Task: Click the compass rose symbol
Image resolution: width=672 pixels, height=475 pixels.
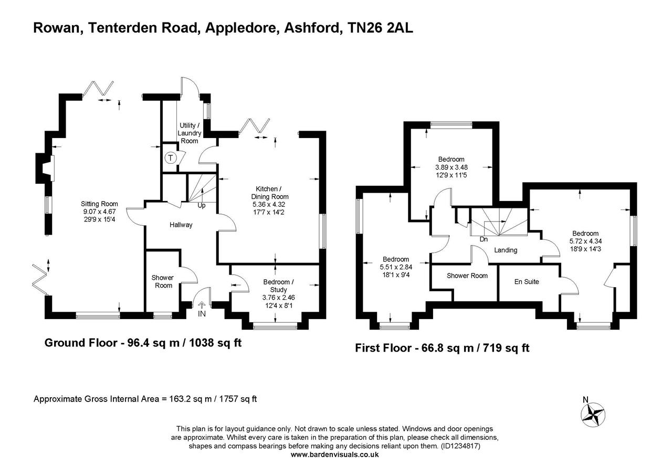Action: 594,413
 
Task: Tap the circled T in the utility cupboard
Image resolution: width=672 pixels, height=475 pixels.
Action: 171,157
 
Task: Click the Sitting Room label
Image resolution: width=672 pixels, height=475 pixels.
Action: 99,204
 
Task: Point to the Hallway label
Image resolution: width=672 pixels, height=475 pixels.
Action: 181,225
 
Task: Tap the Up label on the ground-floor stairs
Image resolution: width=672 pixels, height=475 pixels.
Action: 201,206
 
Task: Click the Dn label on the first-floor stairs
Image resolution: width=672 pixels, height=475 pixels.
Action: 484,239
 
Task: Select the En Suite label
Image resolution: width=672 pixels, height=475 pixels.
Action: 526,282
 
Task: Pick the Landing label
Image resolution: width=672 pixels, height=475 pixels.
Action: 506,250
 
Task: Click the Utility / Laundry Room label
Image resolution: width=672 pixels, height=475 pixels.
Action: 190,133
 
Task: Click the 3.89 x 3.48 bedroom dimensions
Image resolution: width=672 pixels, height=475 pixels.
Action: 451,167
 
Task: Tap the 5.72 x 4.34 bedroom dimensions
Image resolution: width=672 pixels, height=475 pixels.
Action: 585,241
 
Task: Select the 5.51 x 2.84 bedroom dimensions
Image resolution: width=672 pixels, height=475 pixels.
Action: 395,267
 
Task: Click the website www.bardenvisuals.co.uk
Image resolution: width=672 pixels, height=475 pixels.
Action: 334,455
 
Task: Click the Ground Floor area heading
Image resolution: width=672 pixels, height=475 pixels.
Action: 143,343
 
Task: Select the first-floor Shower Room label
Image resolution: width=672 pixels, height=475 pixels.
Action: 467,276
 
